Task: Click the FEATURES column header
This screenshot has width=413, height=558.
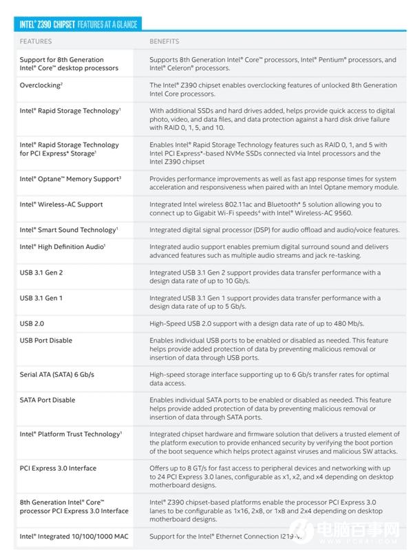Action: (36, 41)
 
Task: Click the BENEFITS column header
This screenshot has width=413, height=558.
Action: (165, 41)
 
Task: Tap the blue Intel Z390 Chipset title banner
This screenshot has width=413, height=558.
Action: (76, 24)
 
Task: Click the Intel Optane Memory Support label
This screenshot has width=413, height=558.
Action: (70, 179)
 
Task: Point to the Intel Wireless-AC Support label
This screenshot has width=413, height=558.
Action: (61, 204)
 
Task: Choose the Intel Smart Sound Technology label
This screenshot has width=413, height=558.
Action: (69, 230)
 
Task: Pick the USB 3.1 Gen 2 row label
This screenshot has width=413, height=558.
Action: (41, 272)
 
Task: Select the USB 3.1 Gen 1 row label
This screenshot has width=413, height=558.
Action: (41, 298)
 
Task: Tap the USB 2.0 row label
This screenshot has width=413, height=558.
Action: (32, 323)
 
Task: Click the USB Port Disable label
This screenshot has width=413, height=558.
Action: (46, 341)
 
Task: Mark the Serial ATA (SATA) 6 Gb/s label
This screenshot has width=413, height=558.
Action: (57, 374)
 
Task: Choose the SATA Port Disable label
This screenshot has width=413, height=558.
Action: (47, 400)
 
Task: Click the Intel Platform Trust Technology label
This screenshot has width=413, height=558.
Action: (71, 434)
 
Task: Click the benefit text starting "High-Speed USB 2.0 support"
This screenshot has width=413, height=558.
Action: (257, 323)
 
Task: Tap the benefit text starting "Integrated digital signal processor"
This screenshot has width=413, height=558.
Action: (274, 230)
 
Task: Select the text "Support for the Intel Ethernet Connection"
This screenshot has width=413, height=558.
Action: (220, 536)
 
